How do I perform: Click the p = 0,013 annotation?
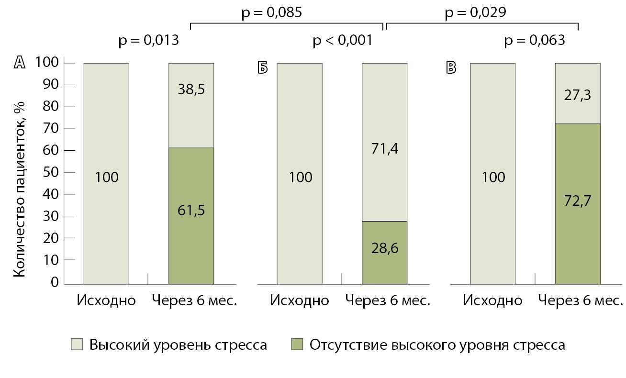(x=149, y=41)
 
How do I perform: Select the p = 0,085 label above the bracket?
(x=271, y=13)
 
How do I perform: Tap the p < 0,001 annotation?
(x=342, y=41)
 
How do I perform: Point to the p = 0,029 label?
(x=476, y=13)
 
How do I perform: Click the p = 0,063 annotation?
(x=535, y=41)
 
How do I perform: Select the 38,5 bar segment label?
(x=191, y=89)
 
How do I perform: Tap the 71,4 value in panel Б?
(x=384, y=149)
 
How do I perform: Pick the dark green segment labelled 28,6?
(x=384, y=253)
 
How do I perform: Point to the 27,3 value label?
(x=578, y=95)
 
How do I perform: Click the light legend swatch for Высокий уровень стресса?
(x=77, y=345)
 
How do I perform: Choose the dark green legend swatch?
(x=297, y=345)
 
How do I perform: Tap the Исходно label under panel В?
(x=493, y=300)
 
